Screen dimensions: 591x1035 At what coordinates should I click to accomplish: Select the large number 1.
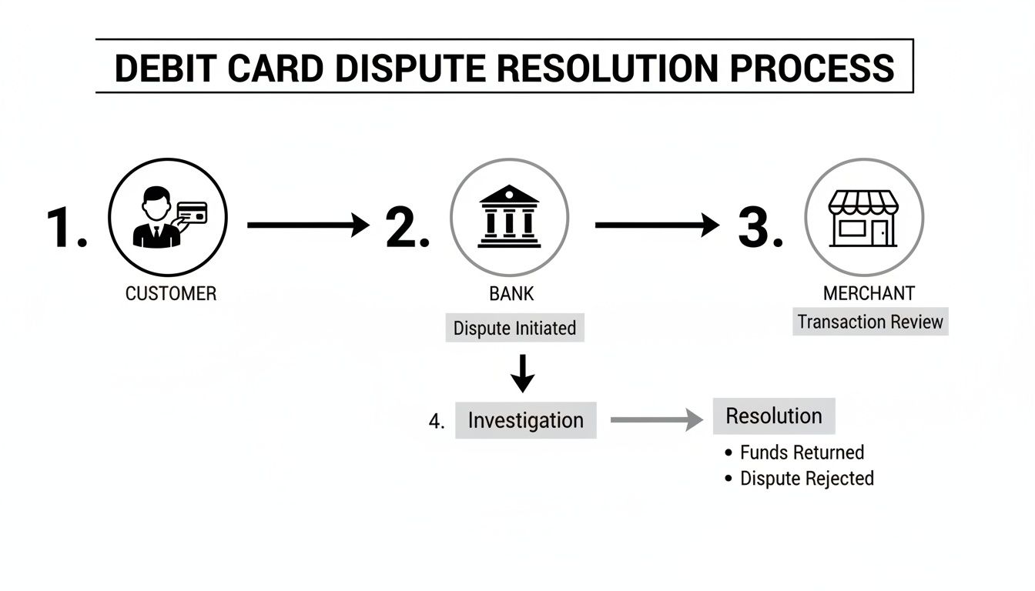(x=66, y=228)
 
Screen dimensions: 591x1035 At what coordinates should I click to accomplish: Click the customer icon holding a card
(x=167, y=218)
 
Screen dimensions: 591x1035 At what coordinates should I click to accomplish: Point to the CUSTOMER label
(x=171, y=293)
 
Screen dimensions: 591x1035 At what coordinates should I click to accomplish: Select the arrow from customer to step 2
(x=308, y=225)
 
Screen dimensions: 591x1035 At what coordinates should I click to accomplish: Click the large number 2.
(x=407, y=228)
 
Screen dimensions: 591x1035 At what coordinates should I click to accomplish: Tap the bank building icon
(x=509, y=217)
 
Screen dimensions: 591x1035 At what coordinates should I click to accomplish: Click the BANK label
(x=511, y=293)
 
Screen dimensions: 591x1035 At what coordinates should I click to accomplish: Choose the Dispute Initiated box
(x=514, y=329)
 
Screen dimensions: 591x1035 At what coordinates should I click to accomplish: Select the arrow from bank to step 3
(x=657, y=225)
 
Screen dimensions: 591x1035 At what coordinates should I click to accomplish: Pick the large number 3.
(x=760, y=228)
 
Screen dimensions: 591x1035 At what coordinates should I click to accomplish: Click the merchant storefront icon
(x=863, y=219)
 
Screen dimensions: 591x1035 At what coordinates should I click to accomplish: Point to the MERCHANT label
(x=869, y=293)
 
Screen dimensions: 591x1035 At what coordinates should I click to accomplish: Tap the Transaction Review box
(x=870, y=322)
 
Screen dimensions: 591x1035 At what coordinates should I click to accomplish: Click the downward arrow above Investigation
(x=523, y=373)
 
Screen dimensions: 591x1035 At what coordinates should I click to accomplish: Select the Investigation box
(x=525, y=421)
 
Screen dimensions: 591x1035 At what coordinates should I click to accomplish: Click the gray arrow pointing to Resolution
(x=657, y=420)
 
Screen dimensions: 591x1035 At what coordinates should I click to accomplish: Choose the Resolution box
(x=774, y=416)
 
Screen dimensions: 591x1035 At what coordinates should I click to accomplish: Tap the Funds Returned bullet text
(x=802, y=452)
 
